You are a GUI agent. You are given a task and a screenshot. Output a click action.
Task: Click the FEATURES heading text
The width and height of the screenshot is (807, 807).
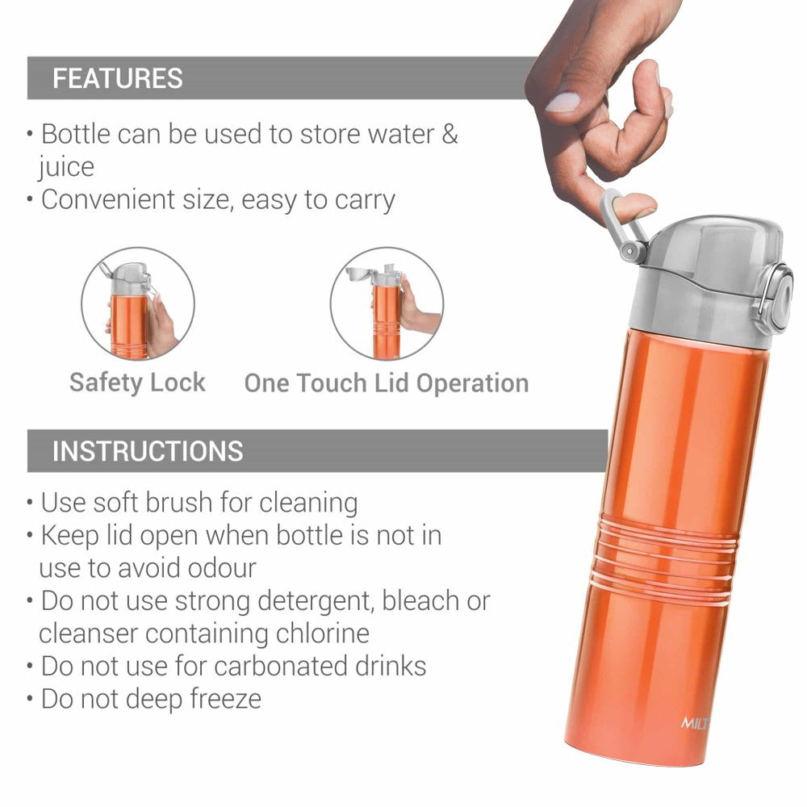click(117, 78)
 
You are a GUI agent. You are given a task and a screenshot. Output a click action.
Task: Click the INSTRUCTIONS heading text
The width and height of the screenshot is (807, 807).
click(148, 451)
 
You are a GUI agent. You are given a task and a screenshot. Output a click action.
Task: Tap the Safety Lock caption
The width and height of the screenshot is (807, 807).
click(137, 383)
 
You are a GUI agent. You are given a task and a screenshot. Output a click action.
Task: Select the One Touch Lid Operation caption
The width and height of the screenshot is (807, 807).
click(387, 383)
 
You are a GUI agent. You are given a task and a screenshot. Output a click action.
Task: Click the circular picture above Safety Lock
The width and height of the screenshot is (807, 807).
click(138, 303)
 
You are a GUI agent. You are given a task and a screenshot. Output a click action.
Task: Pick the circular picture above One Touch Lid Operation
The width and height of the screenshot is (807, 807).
click(387, 303)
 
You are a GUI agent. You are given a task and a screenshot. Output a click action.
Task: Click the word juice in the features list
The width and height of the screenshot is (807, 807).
click(66, 167)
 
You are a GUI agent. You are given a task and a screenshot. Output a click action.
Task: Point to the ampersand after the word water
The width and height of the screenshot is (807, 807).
click(449, 134)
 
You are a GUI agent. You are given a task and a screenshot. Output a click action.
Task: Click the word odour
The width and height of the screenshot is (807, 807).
click(222, 568)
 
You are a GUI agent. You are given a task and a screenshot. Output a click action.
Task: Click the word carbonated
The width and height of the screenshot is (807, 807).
click(281, 666)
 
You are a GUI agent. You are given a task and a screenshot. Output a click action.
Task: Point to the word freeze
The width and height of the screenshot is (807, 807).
click(225, 699)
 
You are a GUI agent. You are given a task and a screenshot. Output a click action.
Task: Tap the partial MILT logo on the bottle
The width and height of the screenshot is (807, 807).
click(695, 723)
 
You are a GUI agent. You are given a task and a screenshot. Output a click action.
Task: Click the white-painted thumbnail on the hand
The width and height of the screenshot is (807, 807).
click(562, 102)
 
